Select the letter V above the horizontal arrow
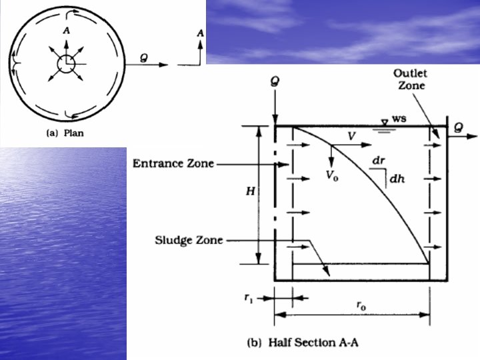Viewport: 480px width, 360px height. point(350,135)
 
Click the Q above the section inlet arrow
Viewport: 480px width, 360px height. point(274,83)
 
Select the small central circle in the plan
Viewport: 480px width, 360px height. point(65,65)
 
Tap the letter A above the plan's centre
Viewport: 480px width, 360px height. point(65,31)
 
